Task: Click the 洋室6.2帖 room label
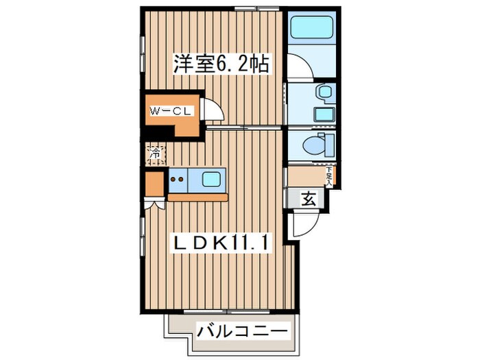219,64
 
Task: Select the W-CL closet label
170,110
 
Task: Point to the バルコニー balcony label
241,331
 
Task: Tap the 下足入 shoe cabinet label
329,178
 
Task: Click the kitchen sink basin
211,180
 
